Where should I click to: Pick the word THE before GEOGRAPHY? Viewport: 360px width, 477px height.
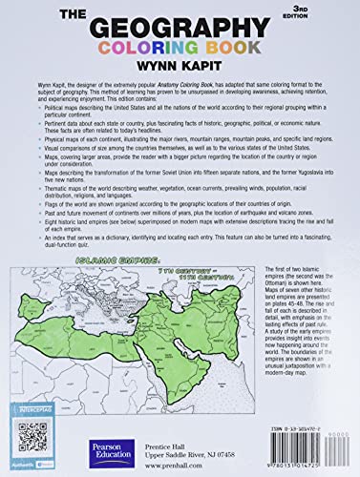click(81, 16)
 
